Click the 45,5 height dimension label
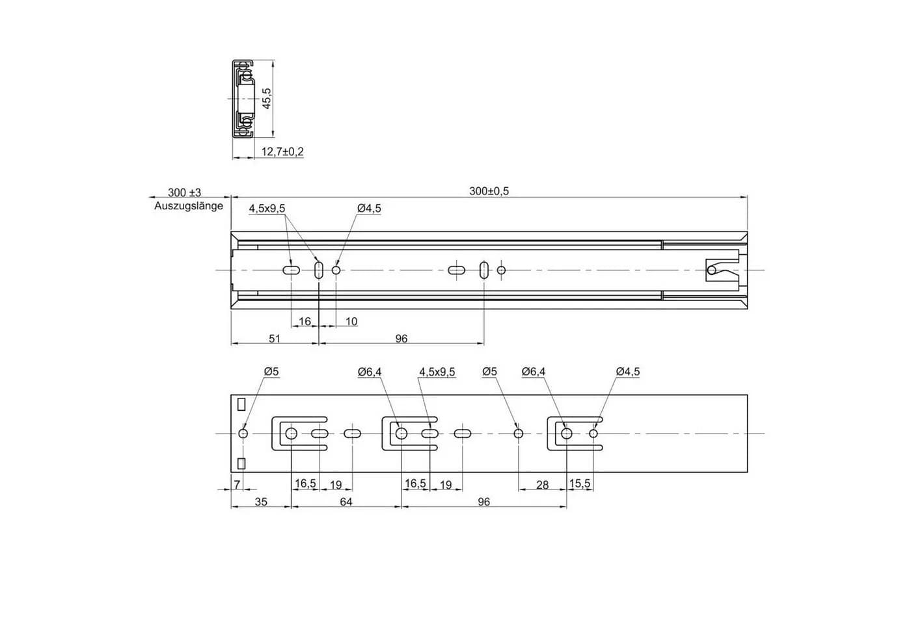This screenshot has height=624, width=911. pos(266,98)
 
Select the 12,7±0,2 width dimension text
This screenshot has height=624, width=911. pos(282,152)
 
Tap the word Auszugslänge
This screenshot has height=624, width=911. pos(189,206)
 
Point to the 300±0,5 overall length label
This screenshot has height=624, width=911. pos(489,191)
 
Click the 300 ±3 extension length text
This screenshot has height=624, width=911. pos(184,192)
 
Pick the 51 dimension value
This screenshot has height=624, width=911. pos(275,339)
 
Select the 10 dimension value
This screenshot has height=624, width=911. pos(351,322)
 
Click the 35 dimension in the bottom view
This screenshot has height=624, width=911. pos(261,502)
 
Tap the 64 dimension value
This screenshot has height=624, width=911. pos(346,502)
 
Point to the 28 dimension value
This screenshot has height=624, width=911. pos(543,485)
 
